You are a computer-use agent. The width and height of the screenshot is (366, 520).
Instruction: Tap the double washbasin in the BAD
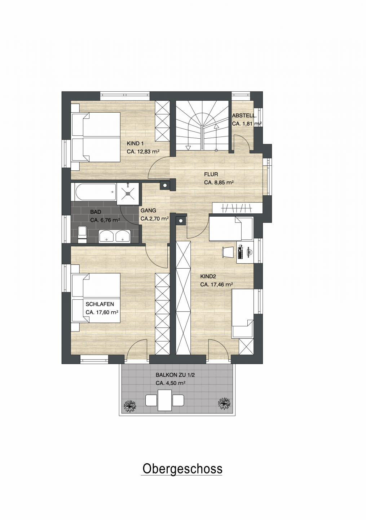pyautogui.click(x=115, y=236)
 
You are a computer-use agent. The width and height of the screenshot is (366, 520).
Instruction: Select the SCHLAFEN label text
pyautogui.click(x=100, y=304)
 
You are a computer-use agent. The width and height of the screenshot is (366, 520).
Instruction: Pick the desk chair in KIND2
pyautogui.click(x=228, y=252)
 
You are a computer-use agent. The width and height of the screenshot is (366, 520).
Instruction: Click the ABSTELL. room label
pyautogui.click(x=244, y=116)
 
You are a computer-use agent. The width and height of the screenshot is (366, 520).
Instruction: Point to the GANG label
pyautogui.click(x=148, y=211)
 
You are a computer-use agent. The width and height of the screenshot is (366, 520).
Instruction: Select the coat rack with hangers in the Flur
pyautogui.click(x=237, y=208)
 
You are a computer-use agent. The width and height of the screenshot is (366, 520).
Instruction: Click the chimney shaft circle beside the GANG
pyautogui.click(x=165, y=186)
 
